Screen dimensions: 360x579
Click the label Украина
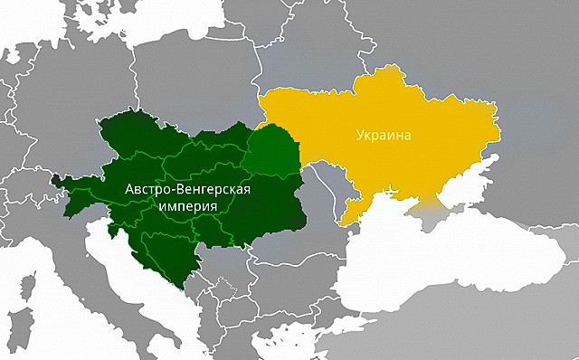[382, 137]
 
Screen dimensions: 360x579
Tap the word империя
[186, 206]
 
